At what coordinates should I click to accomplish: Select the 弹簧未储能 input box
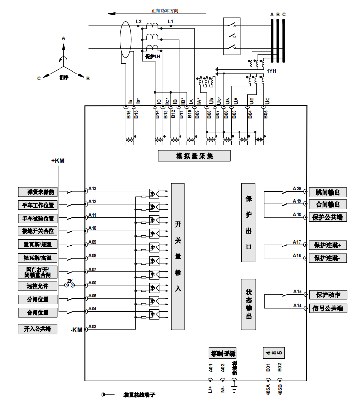tap(37, 192)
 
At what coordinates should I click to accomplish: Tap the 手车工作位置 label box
tap(37, 205)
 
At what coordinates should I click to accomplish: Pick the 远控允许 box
tap(37, 286)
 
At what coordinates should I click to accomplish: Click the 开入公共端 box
tap(37, 329)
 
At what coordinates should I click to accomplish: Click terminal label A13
tap(93, 189)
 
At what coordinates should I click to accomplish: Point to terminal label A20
tap(297, 189)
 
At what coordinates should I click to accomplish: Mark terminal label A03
tap(93, 327)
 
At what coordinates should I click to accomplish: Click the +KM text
tap(58, 161)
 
